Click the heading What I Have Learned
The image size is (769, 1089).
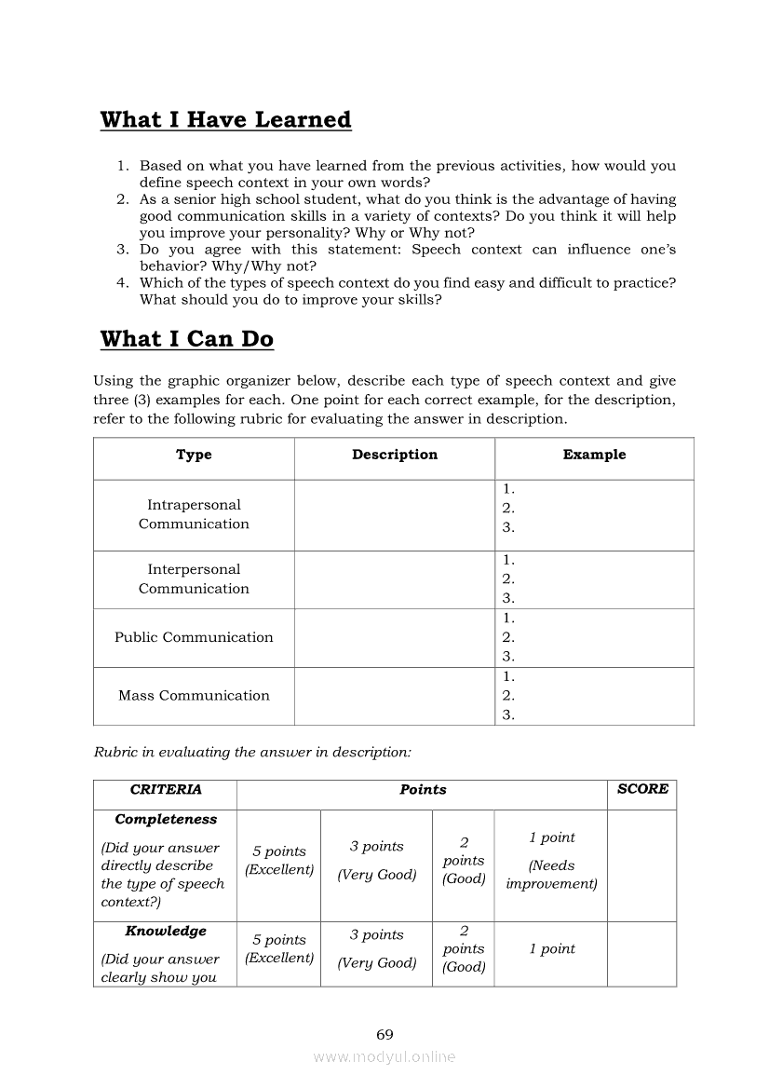coord(225,120)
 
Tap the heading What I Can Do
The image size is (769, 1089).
coord(186,339)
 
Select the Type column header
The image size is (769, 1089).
coord(194,455)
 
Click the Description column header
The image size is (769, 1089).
coord(395,455)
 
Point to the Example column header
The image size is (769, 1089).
coord(594,455)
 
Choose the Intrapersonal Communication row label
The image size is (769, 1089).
coord(194,514)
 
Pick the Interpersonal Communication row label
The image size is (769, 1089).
coord(194,579)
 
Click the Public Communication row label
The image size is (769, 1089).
coord(194,637)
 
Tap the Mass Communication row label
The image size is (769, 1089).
coord(194,695)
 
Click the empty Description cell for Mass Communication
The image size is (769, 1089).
coord(395,696)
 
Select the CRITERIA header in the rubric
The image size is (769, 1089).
coord(166,789)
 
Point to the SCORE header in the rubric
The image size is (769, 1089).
coord(642,789)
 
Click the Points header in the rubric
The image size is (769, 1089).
coord(423,789)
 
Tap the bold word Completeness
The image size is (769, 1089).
coord(166,820)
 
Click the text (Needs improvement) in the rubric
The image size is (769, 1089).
coord(551,875)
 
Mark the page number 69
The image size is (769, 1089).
coord(384,1035)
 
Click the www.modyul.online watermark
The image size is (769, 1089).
coord(384,1057)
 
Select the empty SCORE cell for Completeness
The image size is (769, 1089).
coord(641,865)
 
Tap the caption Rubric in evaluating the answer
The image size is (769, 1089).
coord(252,753)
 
